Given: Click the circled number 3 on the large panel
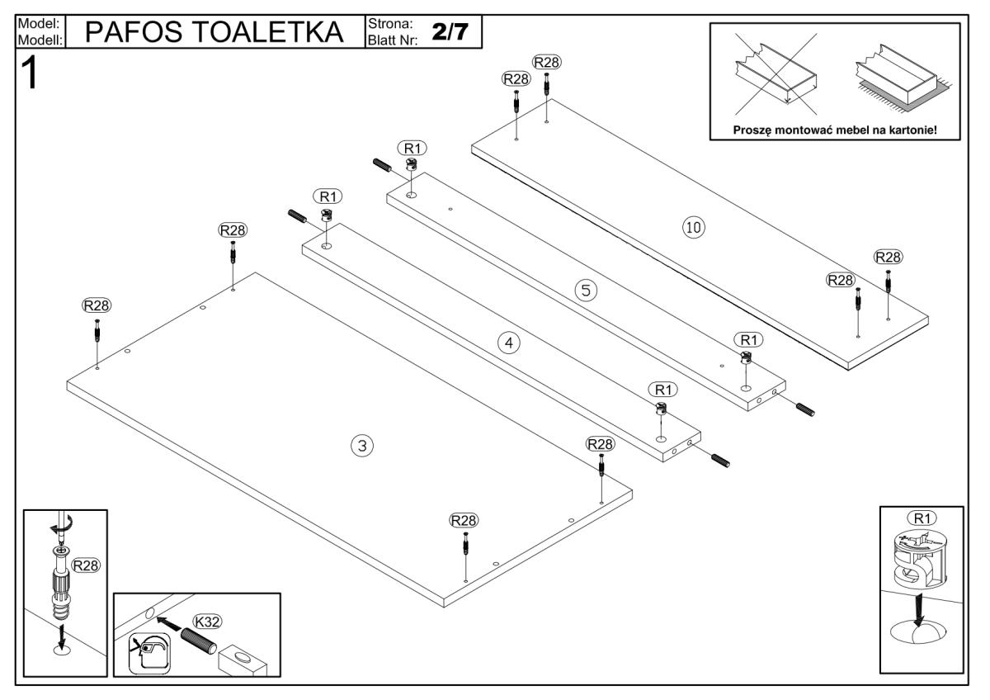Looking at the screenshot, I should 361,446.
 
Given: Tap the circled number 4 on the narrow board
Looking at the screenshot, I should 511,343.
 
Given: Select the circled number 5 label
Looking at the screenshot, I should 585,290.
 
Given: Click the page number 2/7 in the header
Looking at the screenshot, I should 450,30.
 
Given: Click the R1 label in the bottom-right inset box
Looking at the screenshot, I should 921,518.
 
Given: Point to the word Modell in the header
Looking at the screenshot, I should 35,38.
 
